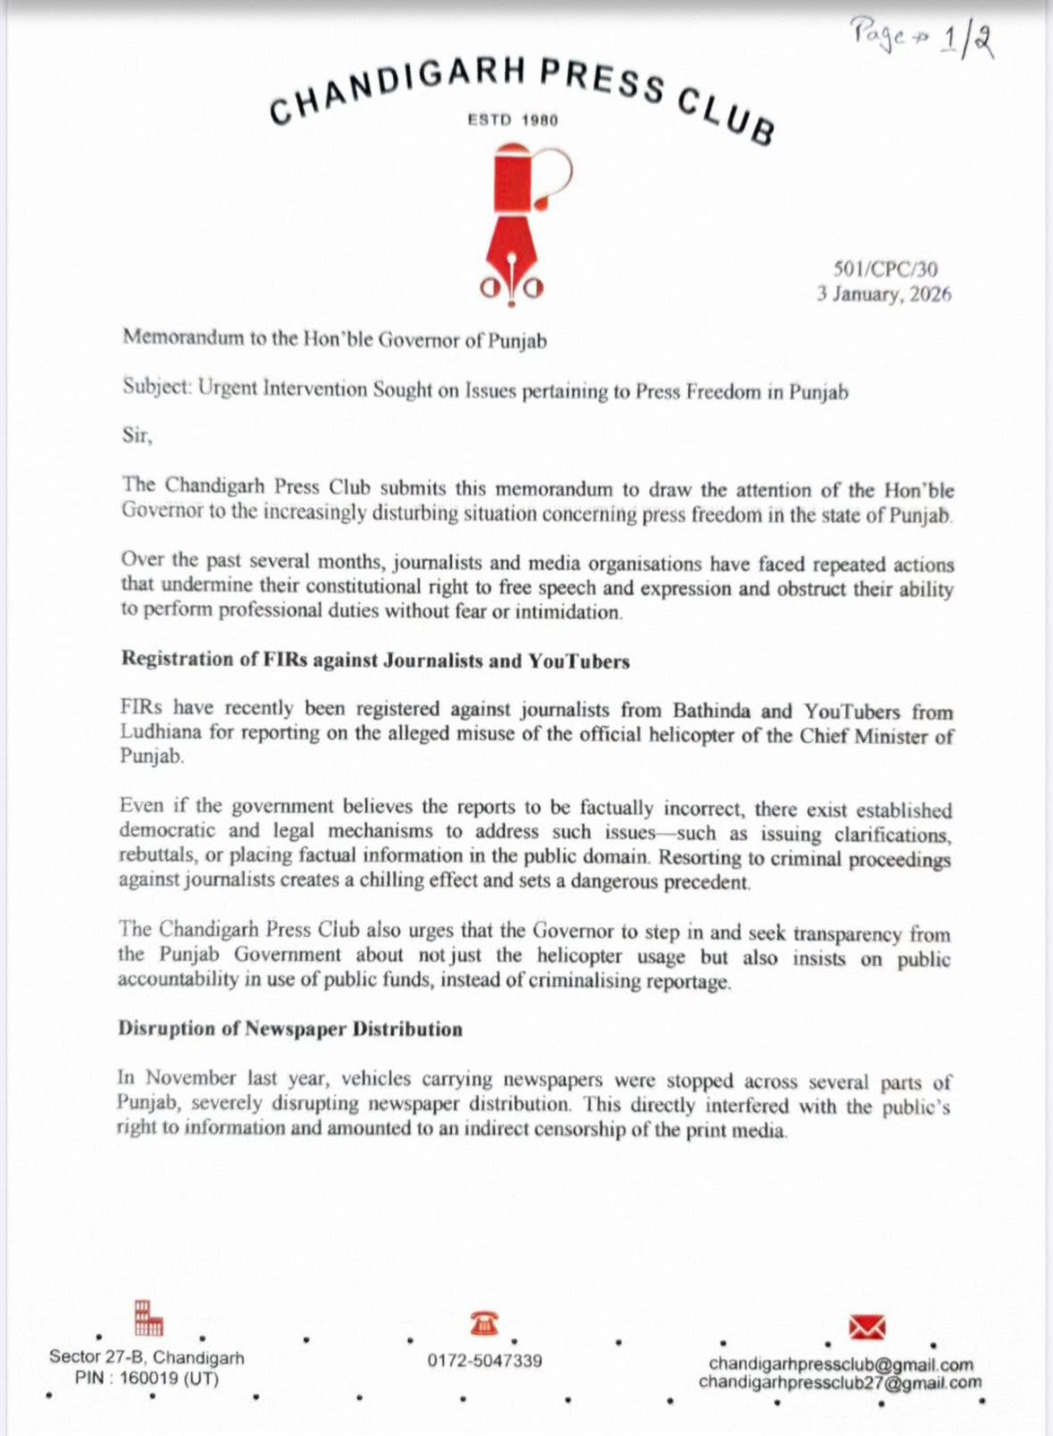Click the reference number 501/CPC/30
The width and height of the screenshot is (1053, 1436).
[x=885, y=268]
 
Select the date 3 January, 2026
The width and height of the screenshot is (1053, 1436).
[x=883, y=294]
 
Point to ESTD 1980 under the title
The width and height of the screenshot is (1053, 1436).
[x=513, y=120]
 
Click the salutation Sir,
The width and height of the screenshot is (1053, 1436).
[x=137, y=436]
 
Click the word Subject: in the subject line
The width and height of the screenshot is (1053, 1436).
[x=156, y=388]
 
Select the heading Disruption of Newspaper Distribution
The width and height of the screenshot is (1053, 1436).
[x=290, y=1029]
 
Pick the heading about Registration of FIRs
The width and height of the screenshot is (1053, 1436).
[x=375, y=661]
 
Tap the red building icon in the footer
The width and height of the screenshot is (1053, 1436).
[x=149, y=1318]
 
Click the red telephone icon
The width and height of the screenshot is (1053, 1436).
[x=484, y=1323]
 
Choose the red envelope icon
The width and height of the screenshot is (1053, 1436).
[x=866, y=1327]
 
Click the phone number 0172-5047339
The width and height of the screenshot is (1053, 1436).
[x=484, y=1361]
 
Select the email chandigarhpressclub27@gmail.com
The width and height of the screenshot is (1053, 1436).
[x=840, y=1383]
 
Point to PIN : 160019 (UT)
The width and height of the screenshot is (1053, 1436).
[x=147, y=1379]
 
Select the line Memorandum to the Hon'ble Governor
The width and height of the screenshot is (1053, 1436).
[x=334, y=339]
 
